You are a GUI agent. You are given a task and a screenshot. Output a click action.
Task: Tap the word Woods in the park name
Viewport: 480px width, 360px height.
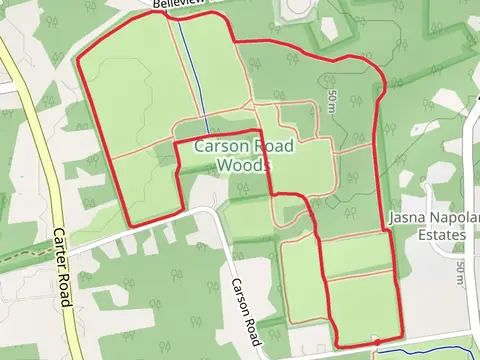pos(243,165)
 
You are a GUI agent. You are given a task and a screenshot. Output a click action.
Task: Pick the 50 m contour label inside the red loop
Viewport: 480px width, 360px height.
pos(332,100)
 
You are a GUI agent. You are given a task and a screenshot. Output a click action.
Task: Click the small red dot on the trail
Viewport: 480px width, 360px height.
pos(376,343)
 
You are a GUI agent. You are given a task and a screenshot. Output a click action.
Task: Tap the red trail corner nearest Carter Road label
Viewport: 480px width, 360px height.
pos(132,223)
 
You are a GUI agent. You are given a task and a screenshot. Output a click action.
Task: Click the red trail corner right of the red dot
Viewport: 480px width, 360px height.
pos(402,335)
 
